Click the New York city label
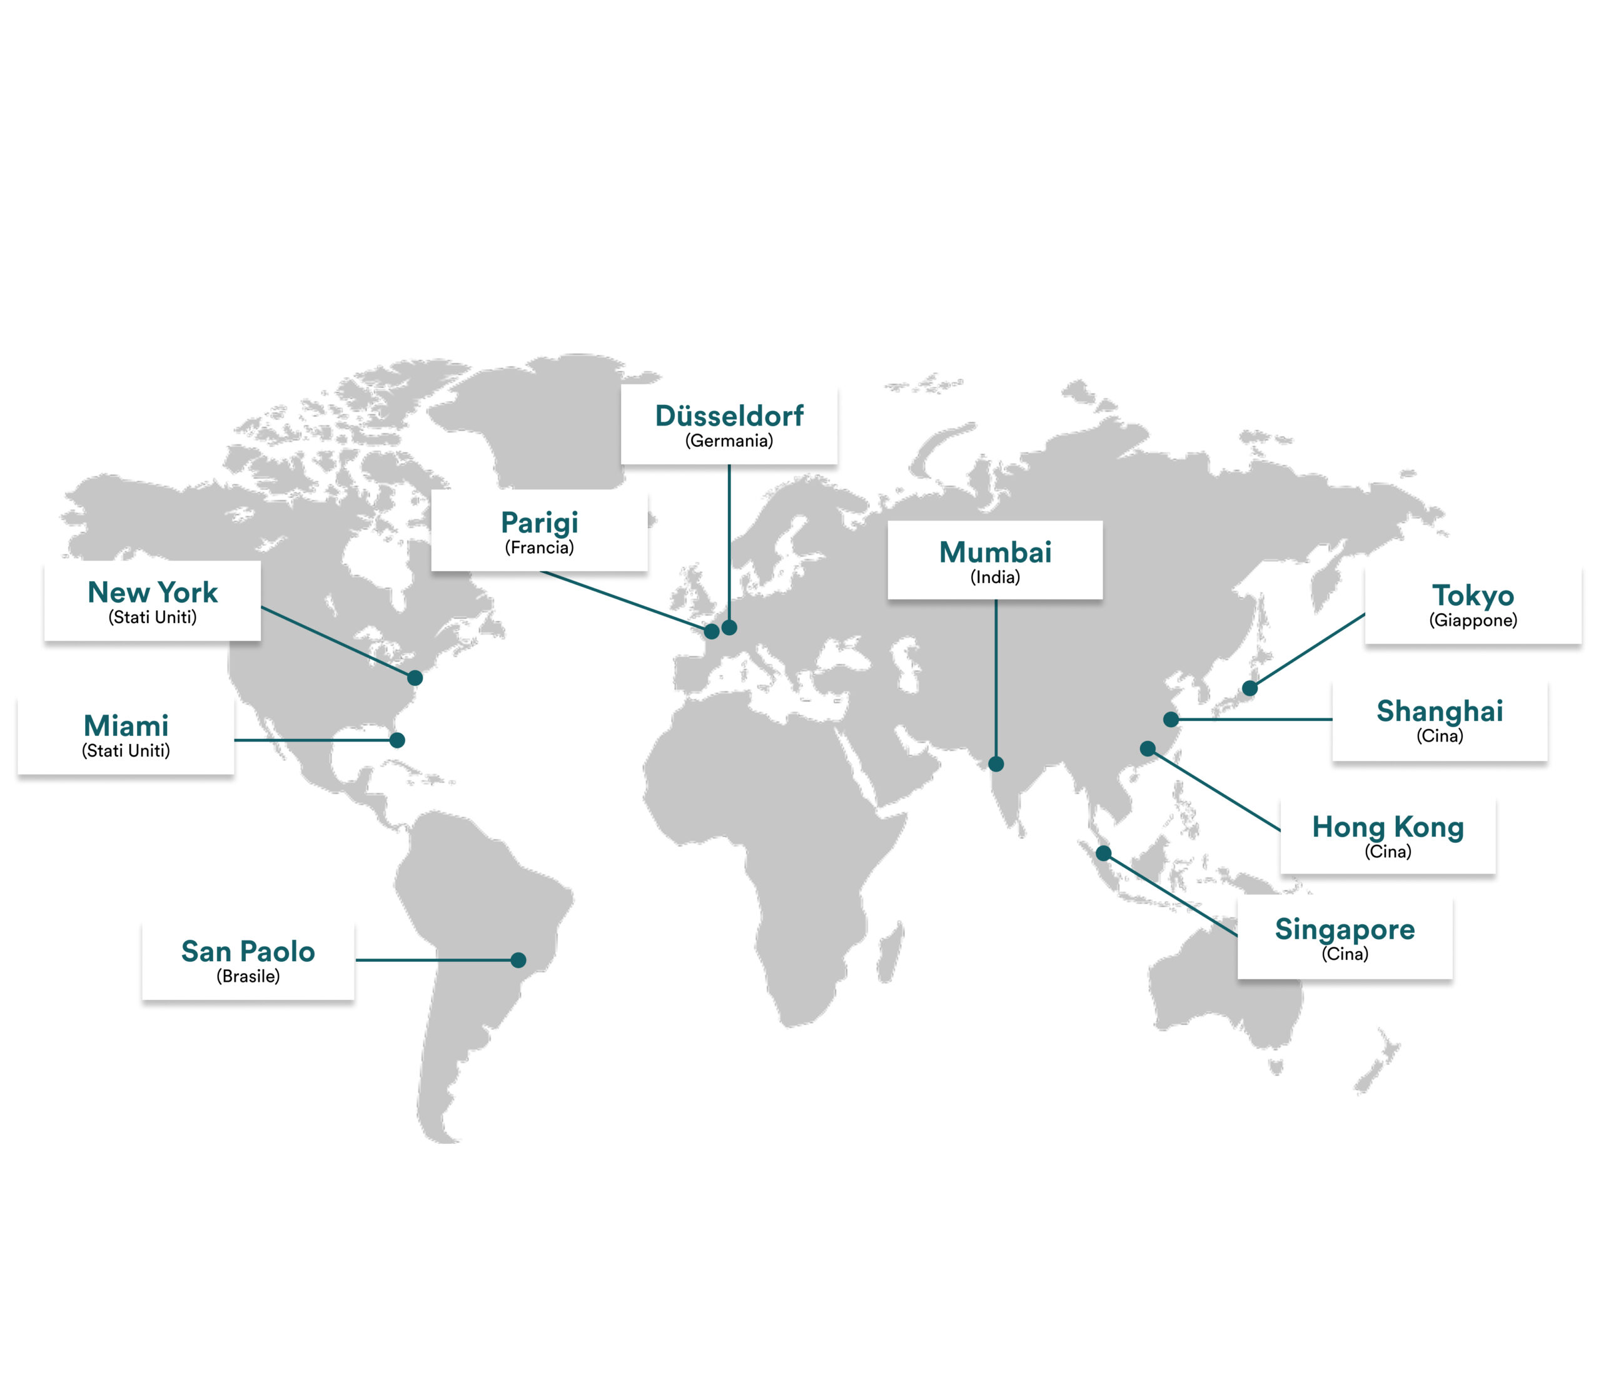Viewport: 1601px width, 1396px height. coord(153,593)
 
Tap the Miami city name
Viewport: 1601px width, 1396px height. coord(126,726)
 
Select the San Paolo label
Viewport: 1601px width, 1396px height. coord(248,951)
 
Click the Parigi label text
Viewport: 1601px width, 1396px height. coord(540,522)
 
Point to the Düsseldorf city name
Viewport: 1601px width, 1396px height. coord(729,416)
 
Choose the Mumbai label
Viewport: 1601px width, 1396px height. coord(995,553)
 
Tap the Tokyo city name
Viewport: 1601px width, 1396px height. coord(1473,596)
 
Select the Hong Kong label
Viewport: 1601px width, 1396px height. coord(1388,827)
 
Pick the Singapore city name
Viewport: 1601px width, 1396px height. coord(1345,929)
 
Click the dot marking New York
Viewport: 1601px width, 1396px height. coord(415,678)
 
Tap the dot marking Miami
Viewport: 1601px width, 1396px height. coord(397,740)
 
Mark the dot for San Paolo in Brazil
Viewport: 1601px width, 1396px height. coord(518,960)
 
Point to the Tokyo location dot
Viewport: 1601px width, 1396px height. coord(1250,688)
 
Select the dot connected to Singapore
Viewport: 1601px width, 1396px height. coord(1103,853)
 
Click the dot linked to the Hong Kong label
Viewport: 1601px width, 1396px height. coord(1148,748)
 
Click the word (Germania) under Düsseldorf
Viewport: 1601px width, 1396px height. coord(729,441)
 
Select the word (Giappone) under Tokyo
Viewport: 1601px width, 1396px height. coord(1473,620)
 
